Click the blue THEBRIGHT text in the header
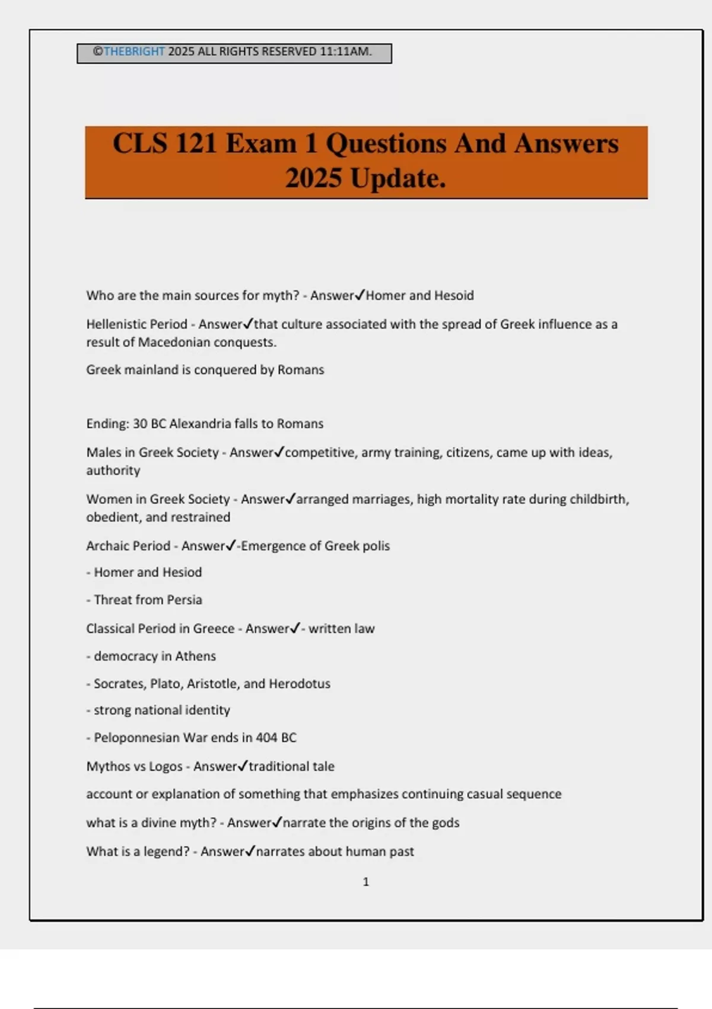(134, 52)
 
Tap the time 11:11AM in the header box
(345, 52)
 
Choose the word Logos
(166, 766)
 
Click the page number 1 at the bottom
(365, 882)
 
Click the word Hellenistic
(116, 325)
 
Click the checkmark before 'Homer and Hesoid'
(360, 294)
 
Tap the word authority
(113, 471)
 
